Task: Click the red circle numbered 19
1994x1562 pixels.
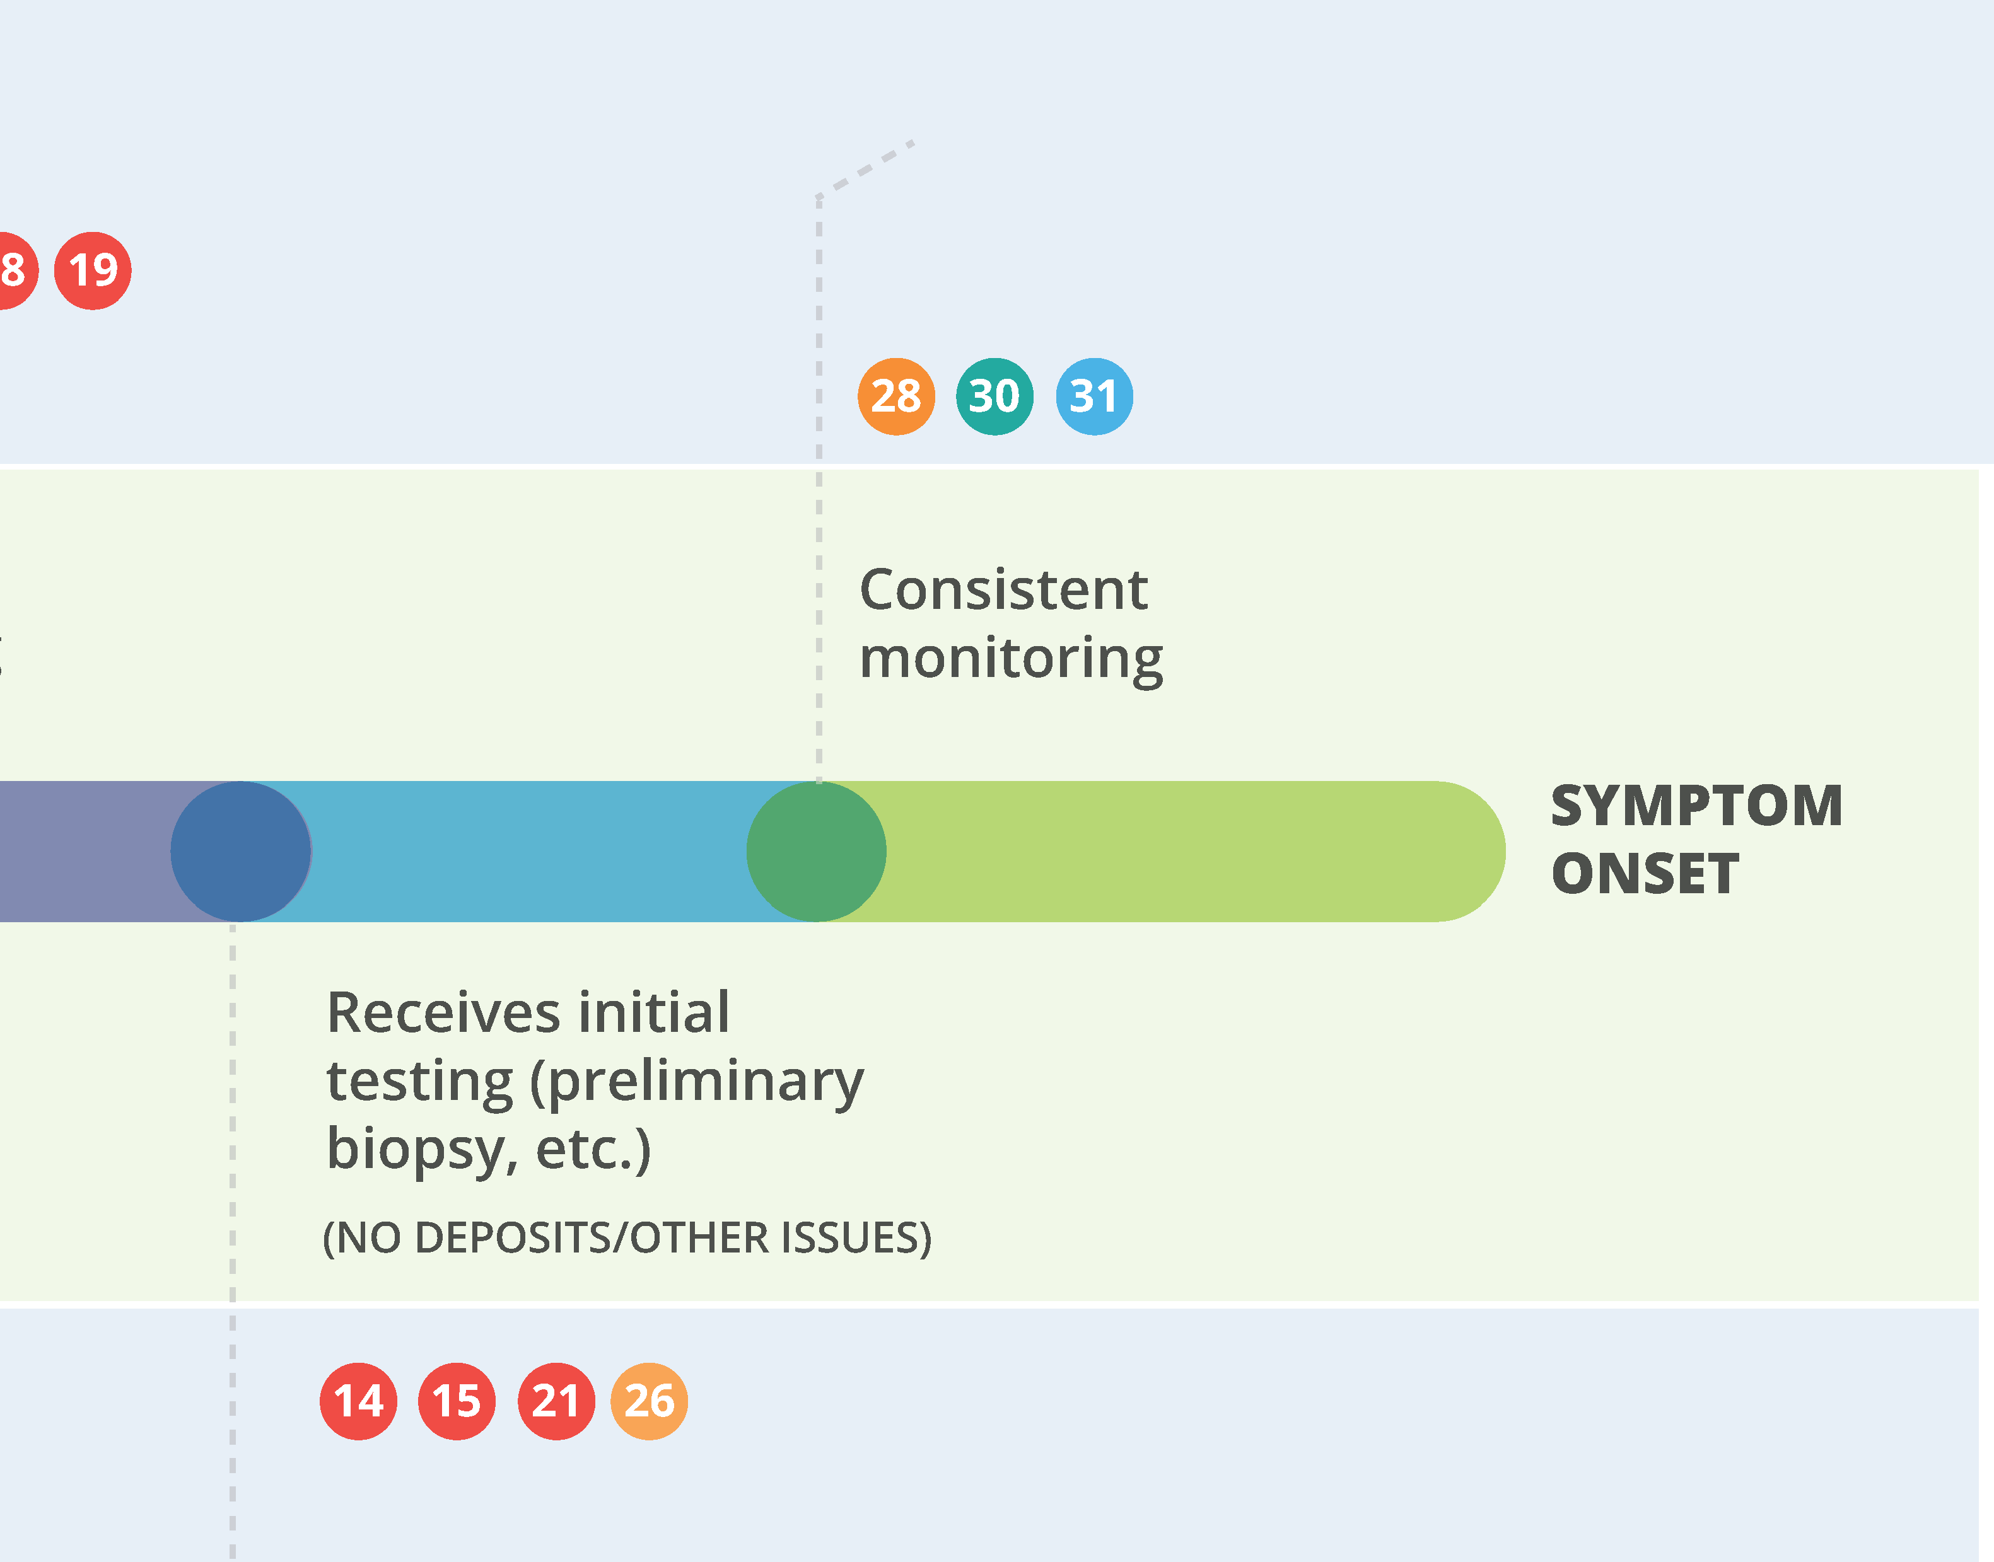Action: point(92,270)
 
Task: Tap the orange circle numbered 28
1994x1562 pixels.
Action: point(896,396)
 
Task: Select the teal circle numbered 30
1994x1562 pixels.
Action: point(995,396)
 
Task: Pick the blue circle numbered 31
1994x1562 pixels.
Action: point(1095,396)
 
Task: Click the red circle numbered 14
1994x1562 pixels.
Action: point(359,1401)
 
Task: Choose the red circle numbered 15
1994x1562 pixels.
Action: point(457,1401)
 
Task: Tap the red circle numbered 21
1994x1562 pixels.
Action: point(557,1401)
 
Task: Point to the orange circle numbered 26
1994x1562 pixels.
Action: point(650,1401)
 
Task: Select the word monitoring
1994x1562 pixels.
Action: point(1012,659)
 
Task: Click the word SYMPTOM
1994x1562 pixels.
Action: point(1697,806)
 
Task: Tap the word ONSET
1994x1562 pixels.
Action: point(1645,874)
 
